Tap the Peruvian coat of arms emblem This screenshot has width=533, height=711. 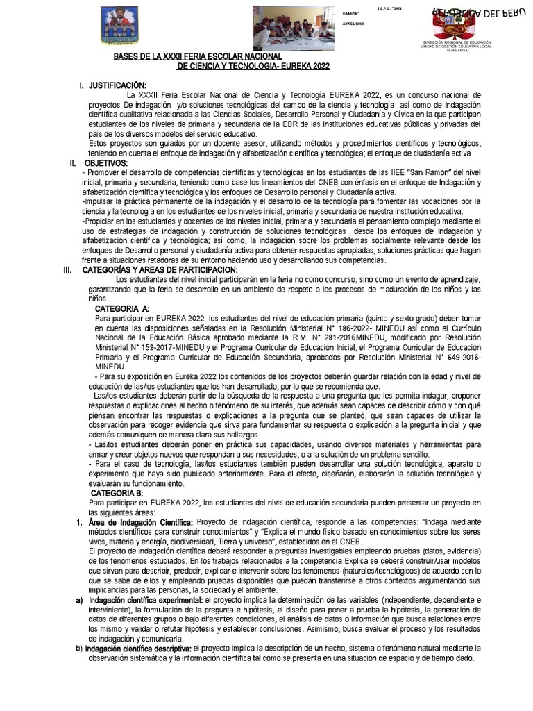pyautogui.click(x=456, y=26)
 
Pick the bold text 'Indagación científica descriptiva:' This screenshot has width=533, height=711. pyautogui.click(x=138, y=648)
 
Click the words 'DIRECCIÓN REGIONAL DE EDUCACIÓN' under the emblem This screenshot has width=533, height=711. pyautogui.click(x=457, y=42)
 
